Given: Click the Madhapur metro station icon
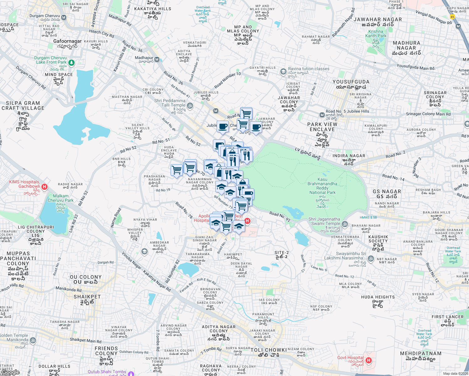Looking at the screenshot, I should click(x=157, y=59).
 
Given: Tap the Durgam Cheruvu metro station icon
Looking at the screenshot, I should click(x=64, y=18).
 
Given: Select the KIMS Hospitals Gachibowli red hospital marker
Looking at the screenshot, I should click(x=45, y=187).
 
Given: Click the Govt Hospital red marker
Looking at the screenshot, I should click(x=369, y=360).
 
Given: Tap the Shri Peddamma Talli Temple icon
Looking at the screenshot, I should click(x=190, y=106).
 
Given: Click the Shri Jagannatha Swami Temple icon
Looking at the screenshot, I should click(x=345, y=224).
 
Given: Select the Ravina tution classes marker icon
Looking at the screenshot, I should click(x=283, y=71).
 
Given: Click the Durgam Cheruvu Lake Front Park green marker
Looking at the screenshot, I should click(x=71, y=63).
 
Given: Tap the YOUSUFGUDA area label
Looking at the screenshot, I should click(x=351, y=82).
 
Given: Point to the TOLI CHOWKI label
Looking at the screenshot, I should click(x=269, y=350).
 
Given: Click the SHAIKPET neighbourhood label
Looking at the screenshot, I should click(x=87, y=297).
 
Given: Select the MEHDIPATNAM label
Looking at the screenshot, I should click(x=421, y=353).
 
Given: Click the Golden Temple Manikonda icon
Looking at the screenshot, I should click(x=33, y=340).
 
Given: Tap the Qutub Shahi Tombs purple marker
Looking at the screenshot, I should click(x=131, y=373).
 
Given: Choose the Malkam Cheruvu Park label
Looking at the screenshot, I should click(x=61, y=198).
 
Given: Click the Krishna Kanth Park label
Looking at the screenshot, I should click(x=376, y=34).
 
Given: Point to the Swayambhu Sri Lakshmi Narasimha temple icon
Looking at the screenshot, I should click(x=371, y=258).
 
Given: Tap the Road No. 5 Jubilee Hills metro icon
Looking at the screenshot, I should click(x=322, y=115).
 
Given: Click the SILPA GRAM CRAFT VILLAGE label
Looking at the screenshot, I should click(x=23, y=106).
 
